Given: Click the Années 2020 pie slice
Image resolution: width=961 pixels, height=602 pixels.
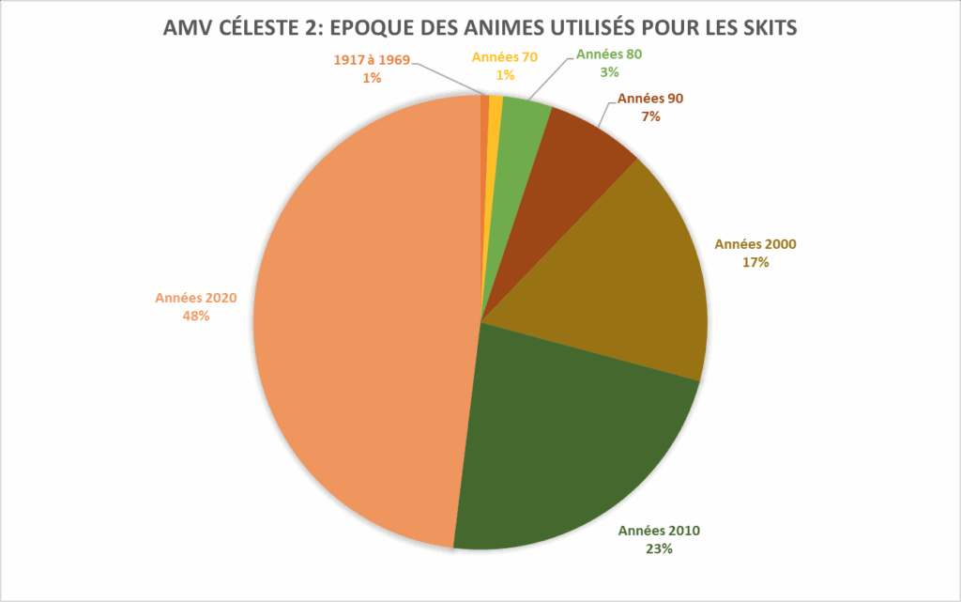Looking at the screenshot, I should tap(366, 319).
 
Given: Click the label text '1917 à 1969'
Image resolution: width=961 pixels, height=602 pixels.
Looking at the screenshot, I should tap(372, 60).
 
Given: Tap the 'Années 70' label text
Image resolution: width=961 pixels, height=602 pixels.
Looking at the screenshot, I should tap(505, 57).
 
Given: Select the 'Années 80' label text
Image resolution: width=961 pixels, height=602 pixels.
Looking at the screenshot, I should tap(609, 54).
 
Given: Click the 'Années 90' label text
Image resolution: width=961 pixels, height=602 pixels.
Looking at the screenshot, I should tap(650, 100).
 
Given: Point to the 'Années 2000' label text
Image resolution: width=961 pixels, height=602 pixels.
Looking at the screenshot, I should tap(755, 244).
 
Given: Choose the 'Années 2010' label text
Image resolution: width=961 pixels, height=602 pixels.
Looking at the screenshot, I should tap(659, 531).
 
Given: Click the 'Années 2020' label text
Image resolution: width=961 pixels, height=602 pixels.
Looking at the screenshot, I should tap(195, 298).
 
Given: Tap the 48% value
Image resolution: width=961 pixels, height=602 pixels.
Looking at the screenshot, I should tap(195, 316).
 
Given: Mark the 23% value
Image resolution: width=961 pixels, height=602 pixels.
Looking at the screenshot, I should tap(659, 549).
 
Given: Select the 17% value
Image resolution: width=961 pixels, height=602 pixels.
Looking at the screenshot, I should tap(755, 263).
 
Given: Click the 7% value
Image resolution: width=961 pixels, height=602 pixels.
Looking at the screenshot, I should tap(650, 117).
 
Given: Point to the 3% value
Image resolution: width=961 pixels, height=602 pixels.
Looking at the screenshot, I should tap(609, 71).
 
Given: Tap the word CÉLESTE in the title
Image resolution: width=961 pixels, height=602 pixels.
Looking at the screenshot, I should tap(255, 28).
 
